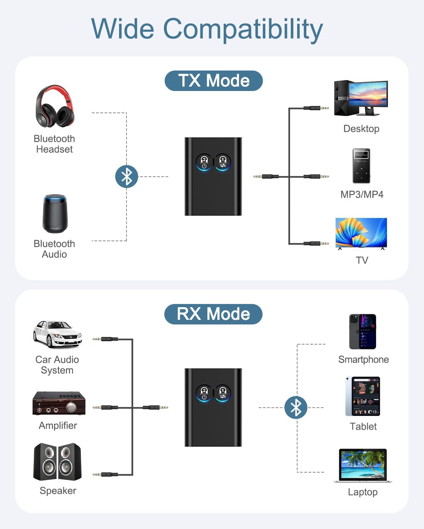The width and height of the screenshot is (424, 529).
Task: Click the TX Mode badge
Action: [213, 81]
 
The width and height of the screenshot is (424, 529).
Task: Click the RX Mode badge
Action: [213, 314]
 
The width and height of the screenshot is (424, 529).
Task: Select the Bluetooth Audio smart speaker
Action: [55, 214]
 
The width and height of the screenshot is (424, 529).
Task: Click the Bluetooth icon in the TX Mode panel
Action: [126, 176]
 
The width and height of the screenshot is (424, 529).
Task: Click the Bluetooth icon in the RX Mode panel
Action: [296, 408]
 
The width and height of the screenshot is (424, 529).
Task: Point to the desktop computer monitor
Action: [367, 95]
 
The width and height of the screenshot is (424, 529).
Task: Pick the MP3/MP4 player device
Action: [361, 166]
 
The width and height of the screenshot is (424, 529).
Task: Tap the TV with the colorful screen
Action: [361, 233]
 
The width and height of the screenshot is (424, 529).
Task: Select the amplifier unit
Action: [59, 403]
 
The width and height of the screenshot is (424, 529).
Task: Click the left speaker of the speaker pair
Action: [45, 462]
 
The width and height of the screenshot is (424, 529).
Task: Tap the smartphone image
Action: [363, 332]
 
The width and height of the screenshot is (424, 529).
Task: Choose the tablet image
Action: [363, 396]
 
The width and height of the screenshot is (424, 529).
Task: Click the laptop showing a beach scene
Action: [363, 465]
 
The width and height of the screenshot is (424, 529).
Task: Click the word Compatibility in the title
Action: [243, 29]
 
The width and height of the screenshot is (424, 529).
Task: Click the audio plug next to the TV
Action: [316, 243]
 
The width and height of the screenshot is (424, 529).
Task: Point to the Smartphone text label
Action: [363, 359]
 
